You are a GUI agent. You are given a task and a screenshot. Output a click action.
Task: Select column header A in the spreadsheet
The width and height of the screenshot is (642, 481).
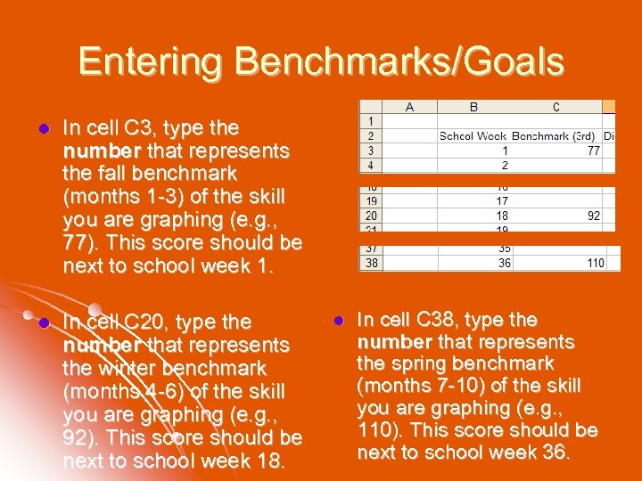coord(409,107)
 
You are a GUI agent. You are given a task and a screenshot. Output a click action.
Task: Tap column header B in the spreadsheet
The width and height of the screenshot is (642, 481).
coord(473,107)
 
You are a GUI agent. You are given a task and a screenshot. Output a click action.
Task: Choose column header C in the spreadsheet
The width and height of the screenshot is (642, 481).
coord(556,107)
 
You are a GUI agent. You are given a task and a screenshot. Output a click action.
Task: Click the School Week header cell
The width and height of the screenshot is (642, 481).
coord(473,136)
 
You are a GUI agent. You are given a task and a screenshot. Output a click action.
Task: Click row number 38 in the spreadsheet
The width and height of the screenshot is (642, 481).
coord(370,263)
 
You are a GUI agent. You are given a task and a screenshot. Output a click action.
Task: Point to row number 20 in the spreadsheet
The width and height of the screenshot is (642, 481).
coord(370,216)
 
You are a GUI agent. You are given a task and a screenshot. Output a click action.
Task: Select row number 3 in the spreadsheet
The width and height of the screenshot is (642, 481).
coord(370,151)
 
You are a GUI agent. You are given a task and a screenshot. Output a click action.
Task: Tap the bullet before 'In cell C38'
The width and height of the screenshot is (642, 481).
coord(338,320)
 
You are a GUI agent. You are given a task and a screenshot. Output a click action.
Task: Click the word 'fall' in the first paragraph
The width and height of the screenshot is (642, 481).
coord(112,173)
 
